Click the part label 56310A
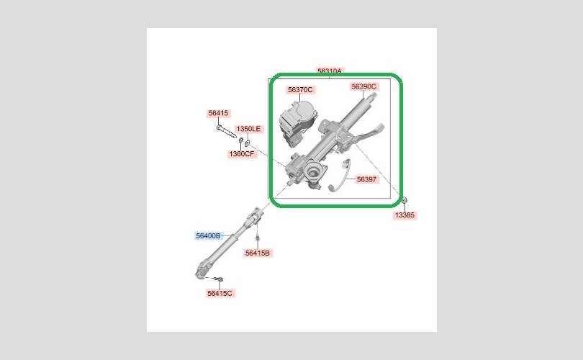(330, 71)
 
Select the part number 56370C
(300, 89)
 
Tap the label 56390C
(363, 86)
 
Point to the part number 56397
(366, 179)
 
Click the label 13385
(405, 215)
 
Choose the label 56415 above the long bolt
(219, 113)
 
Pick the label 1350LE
(249, 129)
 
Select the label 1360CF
(242, 153)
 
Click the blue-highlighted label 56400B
(208, 235)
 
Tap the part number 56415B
(258, 253)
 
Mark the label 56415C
(220, 293)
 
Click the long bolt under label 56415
(226, 131)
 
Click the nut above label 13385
(405, 200)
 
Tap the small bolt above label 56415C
(219, 279)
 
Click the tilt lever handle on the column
(369, 132)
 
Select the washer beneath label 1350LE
(248, 142)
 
